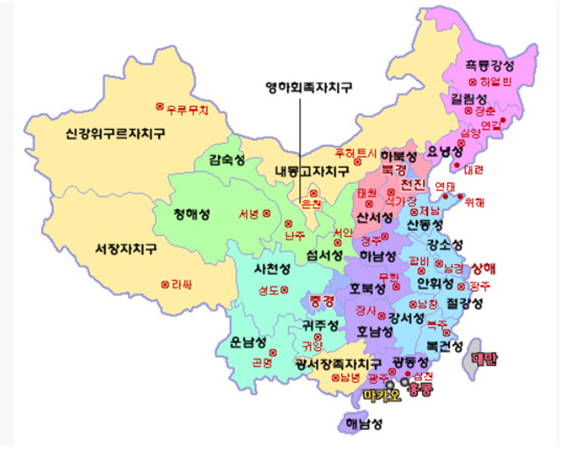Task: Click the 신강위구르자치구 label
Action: pos(114,134)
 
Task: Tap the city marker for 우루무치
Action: pos(160,106)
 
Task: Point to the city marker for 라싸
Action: pos(164,284)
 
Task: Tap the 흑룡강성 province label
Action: pos(489,65)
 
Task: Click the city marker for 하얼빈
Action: pos(473,82)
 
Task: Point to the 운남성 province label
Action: pos(238,342)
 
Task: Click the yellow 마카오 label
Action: pos(379,395)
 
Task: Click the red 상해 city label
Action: pos(485,266)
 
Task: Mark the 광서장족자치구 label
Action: pos(338,362)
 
